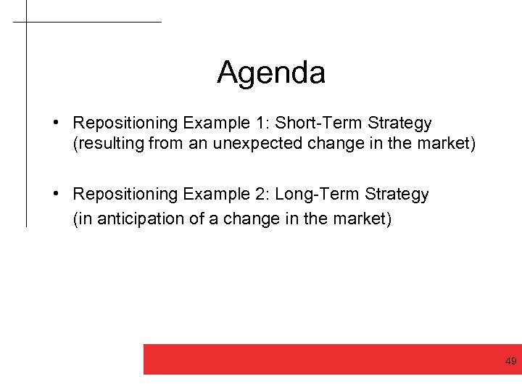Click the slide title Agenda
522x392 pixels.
tap(271, 73)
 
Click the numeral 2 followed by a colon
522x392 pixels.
tap(265, 195)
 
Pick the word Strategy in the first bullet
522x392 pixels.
tap(401, 123)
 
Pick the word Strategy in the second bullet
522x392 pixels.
tap(398, 195)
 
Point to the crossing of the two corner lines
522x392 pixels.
tap(26, 22)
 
